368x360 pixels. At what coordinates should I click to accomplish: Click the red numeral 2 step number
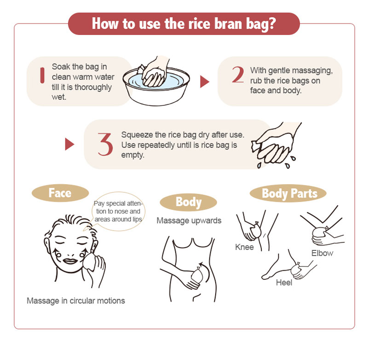(x=238, y=75)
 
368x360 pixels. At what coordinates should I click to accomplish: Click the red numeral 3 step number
(x=105, y=144)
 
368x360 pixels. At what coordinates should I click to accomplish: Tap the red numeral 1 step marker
(x=42, y=75)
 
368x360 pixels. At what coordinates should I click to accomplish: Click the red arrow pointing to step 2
(x=204, y=81)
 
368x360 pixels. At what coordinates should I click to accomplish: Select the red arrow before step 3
(x=69, y=144)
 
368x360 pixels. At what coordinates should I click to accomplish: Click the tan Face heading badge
(x=60, y=193)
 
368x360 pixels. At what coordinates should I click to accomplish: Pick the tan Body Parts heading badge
(x=288, y=193)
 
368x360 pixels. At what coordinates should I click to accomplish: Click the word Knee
(x=244, y=247)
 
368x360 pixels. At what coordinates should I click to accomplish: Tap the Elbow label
(x=322, y=253)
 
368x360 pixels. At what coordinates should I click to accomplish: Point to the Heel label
(x=284, y=283)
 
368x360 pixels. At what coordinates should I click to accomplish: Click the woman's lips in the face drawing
(x=70, y=261)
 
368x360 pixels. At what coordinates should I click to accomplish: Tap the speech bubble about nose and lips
(x=118, y=211)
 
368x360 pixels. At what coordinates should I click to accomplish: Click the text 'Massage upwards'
(x=189, y=221)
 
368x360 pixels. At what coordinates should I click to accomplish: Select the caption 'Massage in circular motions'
(x=76, y=301)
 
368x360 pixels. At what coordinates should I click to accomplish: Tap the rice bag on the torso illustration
(x=197, y=275)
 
